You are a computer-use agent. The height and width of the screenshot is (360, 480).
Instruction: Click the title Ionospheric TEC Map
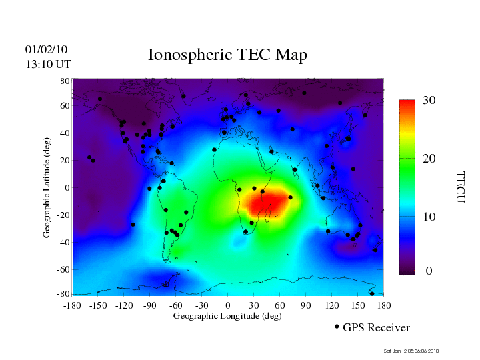(x=227, y=55)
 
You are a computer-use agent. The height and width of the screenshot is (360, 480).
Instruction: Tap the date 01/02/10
(x=46, y=49)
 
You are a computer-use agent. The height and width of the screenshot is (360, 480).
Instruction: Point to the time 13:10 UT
(x=48, y=64)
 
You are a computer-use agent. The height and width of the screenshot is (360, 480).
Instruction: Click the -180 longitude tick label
(x=71, y=305)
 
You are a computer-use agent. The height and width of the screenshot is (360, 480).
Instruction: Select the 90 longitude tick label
(x=306, y=305)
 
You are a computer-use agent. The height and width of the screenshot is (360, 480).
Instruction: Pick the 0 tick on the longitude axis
(x=227, y=305)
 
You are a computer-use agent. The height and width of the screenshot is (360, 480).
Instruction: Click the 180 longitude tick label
(x=384, y=305)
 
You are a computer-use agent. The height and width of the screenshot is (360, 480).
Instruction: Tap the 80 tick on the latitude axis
(x=65, y=81)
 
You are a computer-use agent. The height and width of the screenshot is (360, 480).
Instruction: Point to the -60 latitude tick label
(x=63, y=269)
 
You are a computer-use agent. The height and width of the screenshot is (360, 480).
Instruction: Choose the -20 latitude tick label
(x=63, y=215)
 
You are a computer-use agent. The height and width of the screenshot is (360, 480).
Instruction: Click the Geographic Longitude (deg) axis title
(x=227, y=316)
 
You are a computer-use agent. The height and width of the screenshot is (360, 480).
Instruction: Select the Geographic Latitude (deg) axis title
(x=47, y=192)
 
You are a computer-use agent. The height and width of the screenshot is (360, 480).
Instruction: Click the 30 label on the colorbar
(x=429, y=101)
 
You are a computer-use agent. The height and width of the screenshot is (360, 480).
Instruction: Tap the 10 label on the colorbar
(x=429, y=217)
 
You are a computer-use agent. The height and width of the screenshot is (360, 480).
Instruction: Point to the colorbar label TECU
(x=460, y=187)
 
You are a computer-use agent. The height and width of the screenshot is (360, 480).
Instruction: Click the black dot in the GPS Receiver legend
(x=337, y=327)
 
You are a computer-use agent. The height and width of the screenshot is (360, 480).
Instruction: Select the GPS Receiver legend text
(x=376, y=328)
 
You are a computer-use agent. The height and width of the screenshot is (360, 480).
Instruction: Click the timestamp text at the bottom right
(x=411, y=351)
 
